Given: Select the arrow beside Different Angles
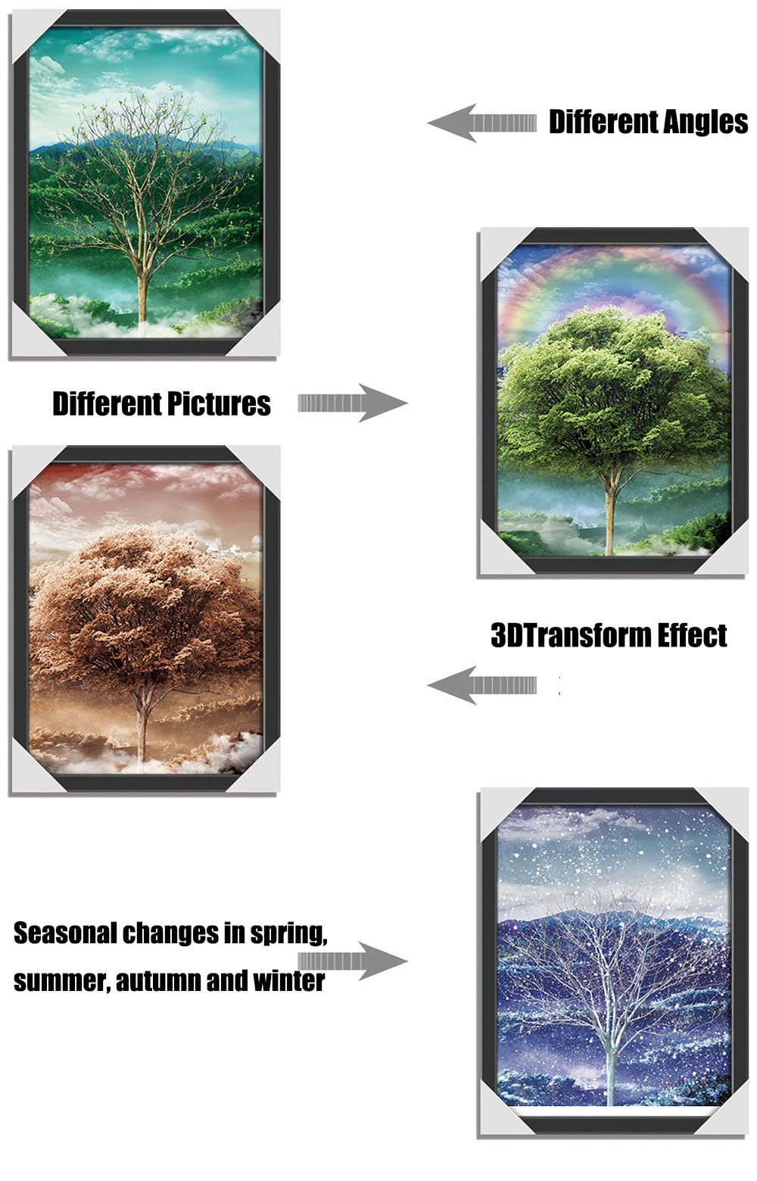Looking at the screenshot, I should [481, 123].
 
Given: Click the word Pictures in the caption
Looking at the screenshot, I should [219, 404].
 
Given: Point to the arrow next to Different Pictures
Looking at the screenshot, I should [352, 403].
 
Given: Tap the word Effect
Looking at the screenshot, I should [692, 635].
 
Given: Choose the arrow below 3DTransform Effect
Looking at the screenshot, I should [481, 685].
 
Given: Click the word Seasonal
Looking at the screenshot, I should [65, 933].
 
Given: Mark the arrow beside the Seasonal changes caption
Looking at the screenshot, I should [352, 961].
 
